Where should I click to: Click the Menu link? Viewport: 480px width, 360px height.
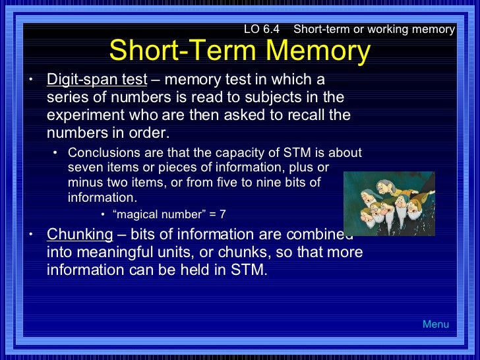tap(436, 324)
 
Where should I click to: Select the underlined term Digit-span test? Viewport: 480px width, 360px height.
tap(96, 80)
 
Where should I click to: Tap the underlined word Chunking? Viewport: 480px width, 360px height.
tap(80, 235)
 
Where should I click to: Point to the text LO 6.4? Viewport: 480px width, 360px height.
tap(262, 29)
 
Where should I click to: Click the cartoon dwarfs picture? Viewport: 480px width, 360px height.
tap(389, 204)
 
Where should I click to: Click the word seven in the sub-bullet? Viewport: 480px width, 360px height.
tap(84, 168)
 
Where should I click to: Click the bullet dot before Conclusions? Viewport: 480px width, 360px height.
tap(56, 154)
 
